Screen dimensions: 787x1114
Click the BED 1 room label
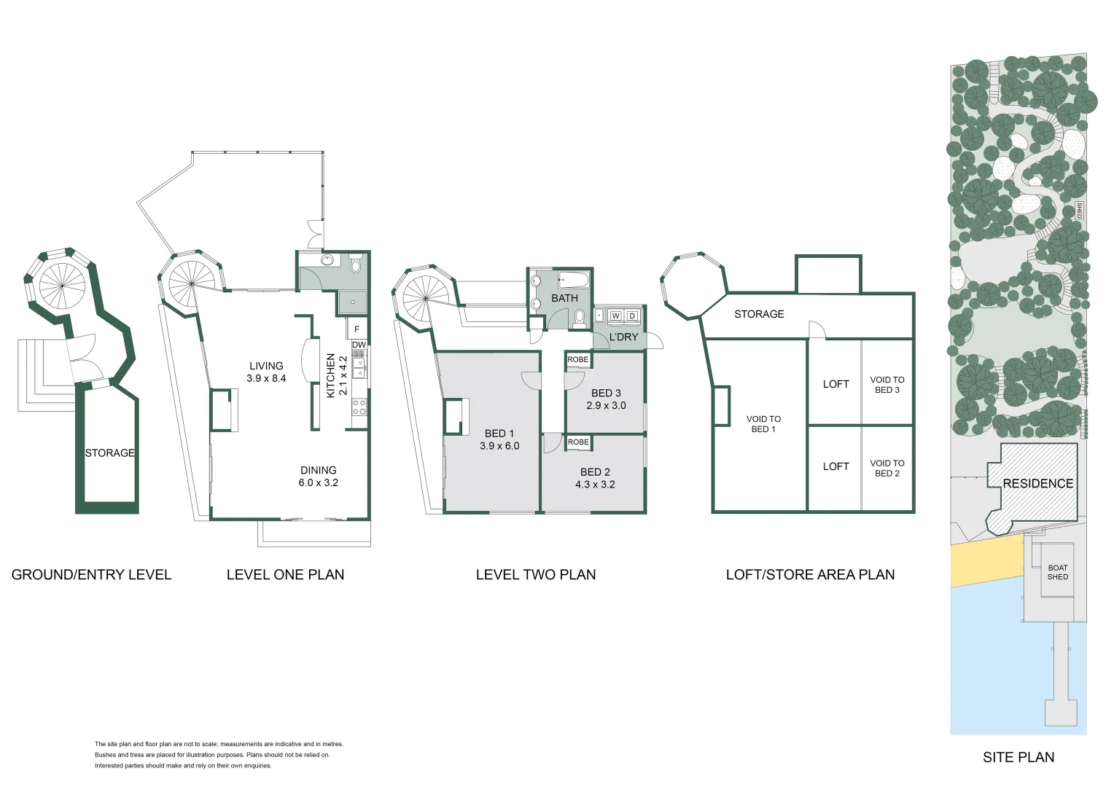click(499, 433)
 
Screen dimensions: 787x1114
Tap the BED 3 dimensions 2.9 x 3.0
click(606, 406)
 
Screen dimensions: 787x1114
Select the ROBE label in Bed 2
click(578, 442)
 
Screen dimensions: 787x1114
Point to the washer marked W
click(615, 316)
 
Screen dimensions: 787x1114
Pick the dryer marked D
click(632, 316)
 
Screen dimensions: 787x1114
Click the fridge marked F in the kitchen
click(357, 329)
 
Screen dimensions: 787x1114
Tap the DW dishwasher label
click(359, 345)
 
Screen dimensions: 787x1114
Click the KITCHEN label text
click(330, 375)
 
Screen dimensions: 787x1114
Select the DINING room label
click(319, 470)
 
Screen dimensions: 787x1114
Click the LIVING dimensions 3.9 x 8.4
click(266, 379)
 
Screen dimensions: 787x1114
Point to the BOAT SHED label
click(1057, 572)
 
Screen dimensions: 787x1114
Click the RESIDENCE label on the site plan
click(1037, 483)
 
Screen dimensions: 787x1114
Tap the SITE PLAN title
click(1018, 757)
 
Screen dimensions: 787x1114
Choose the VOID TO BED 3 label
click(887, 385)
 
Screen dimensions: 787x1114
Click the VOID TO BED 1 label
click(763, 424)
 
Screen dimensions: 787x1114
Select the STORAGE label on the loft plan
click(759, 314)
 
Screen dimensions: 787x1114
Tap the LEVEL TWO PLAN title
click(535, 575)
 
